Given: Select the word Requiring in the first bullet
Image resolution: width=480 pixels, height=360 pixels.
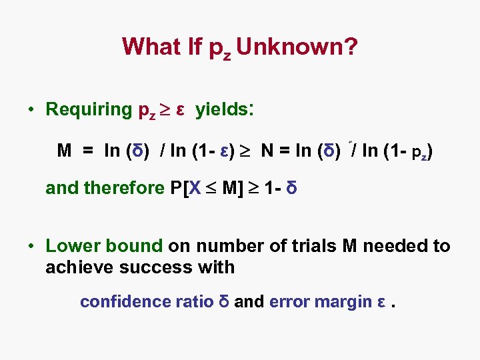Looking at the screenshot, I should click(89, 109).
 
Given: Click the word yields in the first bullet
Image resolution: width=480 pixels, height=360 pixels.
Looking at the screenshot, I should click(223, 109).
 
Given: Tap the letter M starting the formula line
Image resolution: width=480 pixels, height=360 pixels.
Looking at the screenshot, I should click(65, 151).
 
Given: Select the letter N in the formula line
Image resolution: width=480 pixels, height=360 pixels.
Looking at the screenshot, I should click(267, 151).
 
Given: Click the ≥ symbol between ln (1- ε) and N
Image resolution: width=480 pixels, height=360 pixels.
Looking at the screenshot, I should click(249, 151).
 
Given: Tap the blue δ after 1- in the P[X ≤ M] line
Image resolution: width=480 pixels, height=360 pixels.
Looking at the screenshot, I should click(291, 188).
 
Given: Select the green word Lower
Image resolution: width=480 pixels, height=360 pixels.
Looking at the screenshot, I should click(69, 246).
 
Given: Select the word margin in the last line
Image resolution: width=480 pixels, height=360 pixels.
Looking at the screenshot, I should click(342, 302).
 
